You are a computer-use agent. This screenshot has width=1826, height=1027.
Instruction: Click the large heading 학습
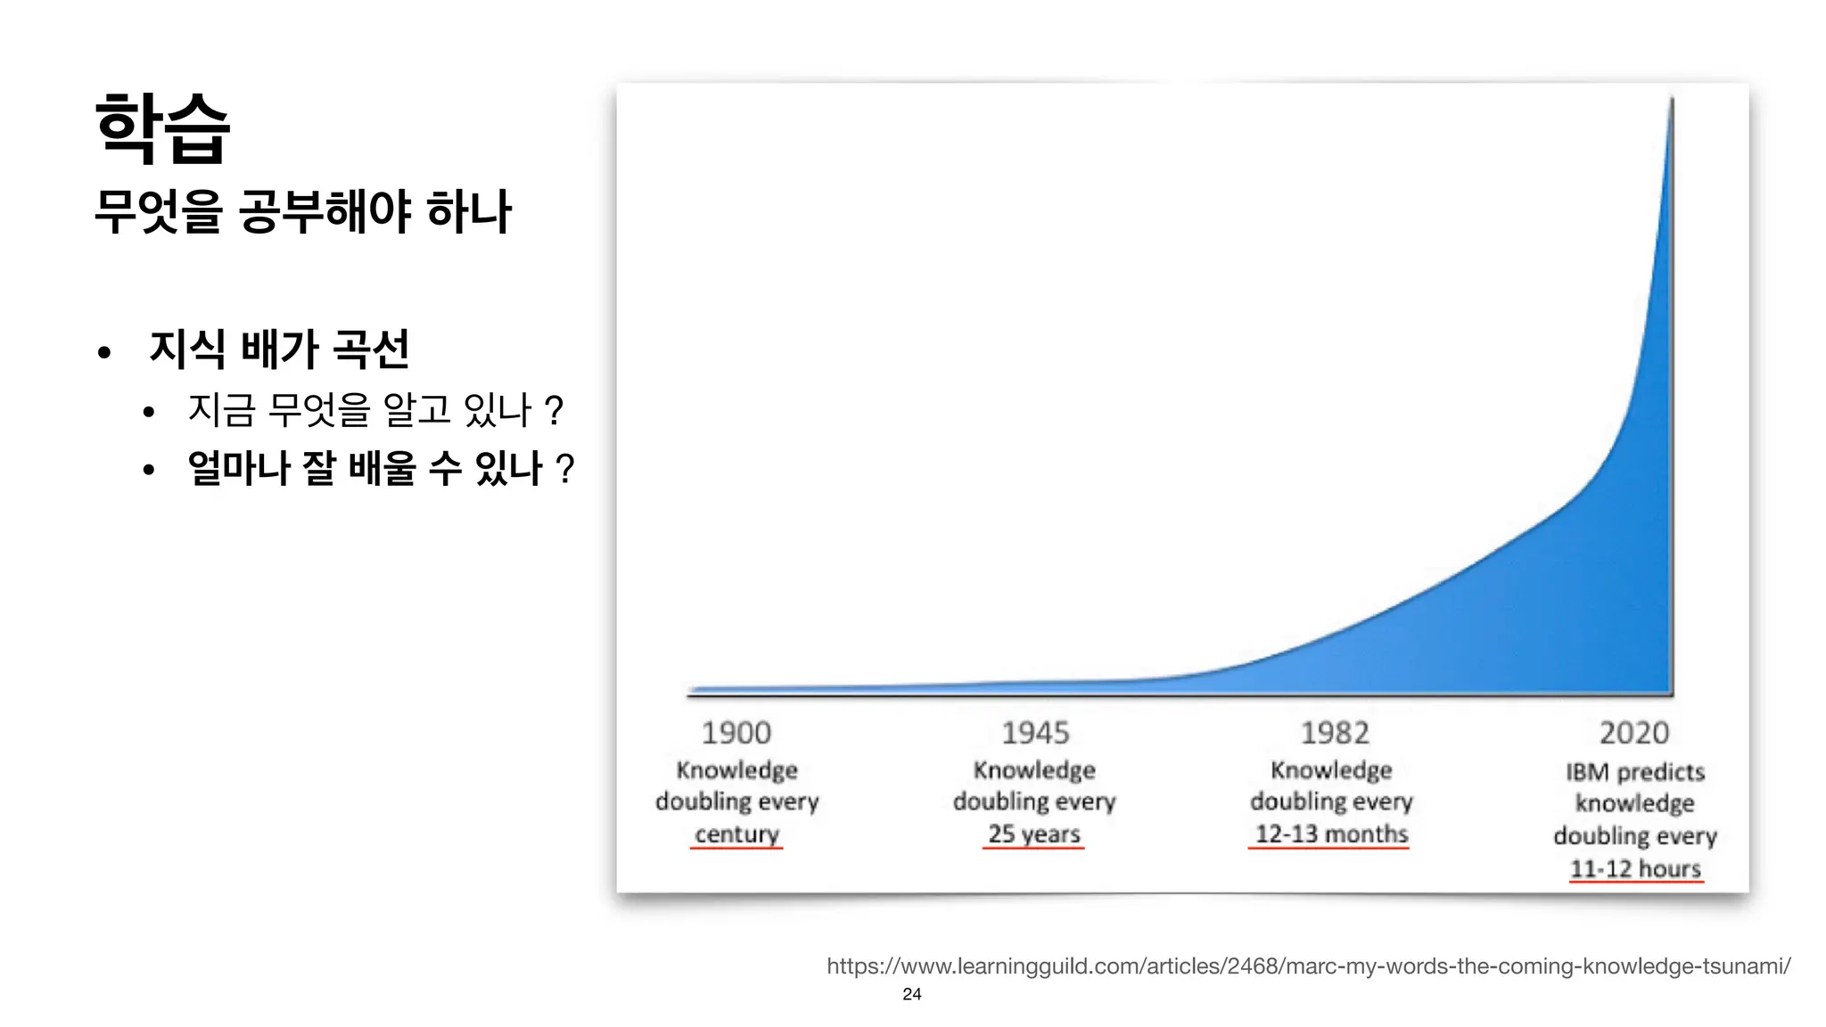[162, 129]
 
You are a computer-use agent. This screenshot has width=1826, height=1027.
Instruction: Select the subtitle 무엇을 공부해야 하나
[302, 211]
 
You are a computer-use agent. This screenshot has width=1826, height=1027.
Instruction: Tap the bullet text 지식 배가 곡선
[279, 349]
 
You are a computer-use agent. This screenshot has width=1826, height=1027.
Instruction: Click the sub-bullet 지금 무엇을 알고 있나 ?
[374, 410]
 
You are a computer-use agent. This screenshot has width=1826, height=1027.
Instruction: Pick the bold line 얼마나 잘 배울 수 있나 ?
[380, 468]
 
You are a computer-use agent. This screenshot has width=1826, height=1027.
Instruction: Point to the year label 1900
[736, 733]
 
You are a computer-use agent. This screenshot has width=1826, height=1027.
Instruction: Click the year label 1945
[1034, 733]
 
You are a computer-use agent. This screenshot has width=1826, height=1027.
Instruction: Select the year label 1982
[1334, 733]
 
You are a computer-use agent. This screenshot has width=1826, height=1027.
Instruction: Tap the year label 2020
[1633, 733]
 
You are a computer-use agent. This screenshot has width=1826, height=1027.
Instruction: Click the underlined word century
[736, 834]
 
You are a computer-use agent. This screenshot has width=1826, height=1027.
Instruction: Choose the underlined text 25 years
[1033, 834]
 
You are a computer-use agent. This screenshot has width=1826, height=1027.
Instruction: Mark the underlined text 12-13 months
[1331, 834]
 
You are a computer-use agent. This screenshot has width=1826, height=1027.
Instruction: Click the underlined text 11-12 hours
[1635, 868]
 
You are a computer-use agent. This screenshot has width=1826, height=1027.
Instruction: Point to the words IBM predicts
[1635, 772]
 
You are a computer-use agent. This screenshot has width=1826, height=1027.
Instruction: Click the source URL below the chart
[1308, 966]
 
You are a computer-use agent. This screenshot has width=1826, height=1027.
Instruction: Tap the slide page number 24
[911, 994]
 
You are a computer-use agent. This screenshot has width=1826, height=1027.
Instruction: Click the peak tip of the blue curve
[1671, 101]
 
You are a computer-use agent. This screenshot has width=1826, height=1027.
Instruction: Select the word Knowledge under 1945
[1034, 769]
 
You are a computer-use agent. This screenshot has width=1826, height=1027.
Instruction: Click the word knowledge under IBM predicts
[1634, 803]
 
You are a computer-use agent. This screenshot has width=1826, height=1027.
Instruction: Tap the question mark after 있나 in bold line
[564, 468]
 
